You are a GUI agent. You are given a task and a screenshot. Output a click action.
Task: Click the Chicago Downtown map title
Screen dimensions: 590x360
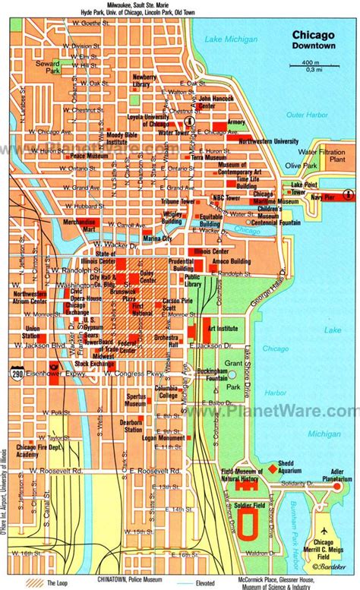coord(314,39)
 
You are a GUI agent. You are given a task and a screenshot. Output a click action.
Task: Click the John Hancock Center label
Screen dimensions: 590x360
coord(216,101)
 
